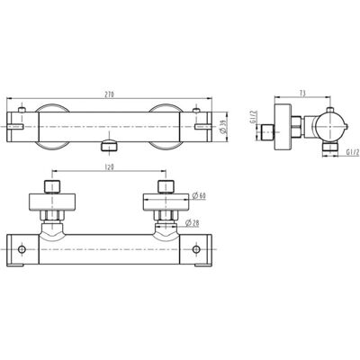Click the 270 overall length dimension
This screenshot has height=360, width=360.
110,94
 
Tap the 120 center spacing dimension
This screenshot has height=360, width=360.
110,167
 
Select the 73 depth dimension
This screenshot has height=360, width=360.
302,94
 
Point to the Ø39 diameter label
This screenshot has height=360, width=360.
223,127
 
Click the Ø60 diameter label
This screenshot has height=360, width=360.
198,196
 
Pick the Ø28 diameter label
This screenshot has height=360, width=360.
193,223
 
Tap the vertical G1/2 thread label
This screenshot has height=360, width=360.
253,117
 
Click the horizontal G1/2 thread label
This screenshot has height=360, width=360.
352,152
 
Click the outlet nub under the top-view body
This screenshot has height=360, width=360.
109,145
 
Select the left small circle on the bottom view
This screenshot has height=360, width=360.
22,249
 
